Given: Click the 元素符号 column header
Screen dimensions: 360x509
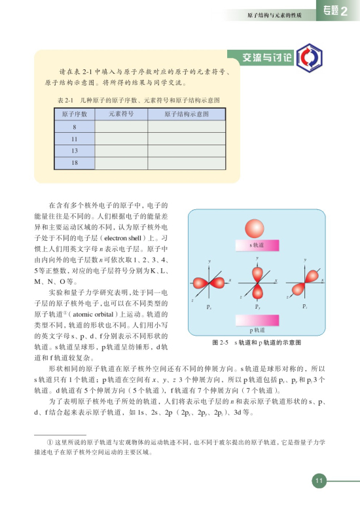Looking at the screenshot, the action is [x=121, y=114].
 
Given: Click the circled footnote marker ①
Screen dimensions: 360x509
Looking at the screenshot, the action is [x=42, y=443].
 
